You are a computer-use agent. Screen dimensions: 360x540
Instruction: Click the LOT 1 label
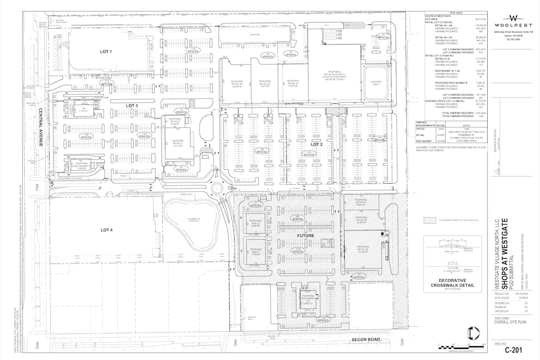click(x=105, y=52)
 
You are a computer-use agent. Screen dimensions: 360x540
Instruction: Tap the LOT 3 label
click(x=131, y=105)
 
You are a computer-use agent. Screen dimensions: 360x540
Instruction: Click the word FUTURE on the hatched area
click(x=306, y=235)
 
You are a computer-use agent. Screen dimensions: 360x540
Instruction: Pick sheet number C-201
click(x=514, y=350)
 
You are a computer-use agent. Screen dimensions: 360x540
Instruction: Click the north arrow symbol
click(x=469, y=333)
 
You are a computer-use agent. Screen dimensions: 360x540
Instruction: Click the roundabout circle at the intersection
click(x=216, y=188)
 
